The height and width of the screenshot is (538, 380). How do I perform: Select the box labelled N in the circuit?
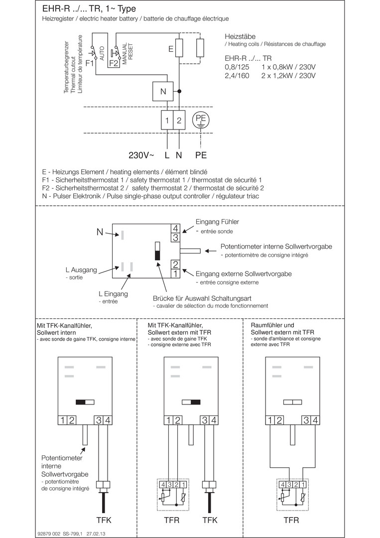point(163,92)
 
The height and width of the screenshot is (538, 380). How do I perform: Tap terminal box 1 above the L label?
point(167,121)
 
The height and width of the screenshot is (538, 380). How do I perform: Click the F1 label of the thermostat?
point(90,63)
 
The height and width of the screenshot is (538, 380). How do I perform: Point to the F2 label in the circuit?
point(113,63)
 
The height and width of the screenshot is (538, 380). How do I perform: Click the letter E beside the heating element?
point(170,49)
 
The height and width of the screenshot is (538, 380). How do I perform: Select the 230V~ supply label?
point(141,155)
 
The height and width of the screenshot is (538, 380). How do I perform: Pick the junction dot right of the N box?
point(179,92)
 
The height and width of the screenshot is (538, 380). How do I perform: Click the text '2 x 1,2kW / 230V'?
point(289,76)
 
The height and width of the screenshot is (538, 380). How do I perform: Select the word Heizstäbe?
point(241,36)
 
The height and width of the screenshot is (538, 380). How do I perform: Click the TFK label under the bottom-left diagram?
point(104,520)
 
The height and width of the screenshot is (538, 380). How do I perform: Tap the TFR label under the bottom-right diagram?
point(291,520)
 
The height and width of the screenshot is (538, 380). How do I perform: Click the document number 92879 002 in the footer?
point(48,533)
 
